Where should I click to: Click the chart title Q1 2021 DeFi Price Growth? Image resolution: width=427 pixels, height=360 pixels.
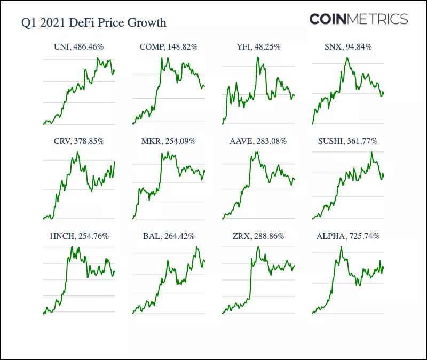(93, 23)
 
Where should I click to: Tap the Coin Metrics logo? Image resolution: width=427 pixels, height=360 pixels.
(359, 20)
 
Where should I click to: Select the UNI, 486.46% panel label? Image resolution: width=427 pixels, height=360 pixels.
(79, 47)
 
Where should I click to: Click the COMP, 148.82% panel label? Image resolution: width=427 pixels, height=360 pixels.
(169, 47)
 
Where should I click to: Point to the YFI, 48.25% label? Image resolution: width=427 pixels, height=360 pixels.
(258, 47)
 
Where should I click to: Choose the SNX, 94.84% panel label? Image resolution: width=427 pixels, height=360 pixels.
(347, 47)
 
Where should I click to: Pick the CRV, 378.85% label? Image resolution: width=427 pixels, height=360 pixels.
(79, 141)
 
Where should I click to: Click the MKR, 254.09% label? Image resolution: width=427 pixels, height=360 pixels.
(169, 141)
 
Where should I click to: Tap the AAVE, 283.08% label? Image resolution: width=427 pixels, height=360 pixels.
(258, 141)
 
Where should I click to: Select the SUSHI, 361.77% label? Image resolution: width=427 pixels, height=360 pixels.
(347, 141)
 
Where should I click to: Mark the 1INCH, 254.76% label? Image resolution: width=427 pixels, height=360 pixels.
(79, 236)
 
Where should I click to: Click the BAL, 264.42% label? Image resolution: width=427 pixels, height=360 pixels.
(169, 236)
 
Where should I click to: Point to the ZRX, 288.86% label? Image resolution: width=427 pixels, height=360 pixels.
(258, 236)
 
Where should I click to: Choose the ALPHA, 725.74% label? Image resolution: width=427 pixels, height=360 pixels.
(347, 236)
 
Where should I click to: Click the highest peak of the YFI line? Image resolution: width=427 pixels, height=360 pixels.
(258, 57)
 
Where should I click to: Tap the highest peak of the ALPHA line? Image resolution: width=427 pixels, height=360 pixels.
(341, 247)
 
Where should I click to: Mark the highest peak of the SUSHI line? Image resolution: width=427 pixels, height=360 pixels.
(371, 153)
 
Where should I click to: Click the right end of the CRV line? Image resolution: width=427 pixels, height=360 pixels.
(115, 162)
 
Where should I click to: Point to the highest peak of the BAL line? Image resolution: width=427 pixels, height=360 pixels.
(197, 247)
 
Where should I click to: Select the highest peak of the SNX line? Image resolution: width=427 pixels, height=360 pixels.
(347, 58)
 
